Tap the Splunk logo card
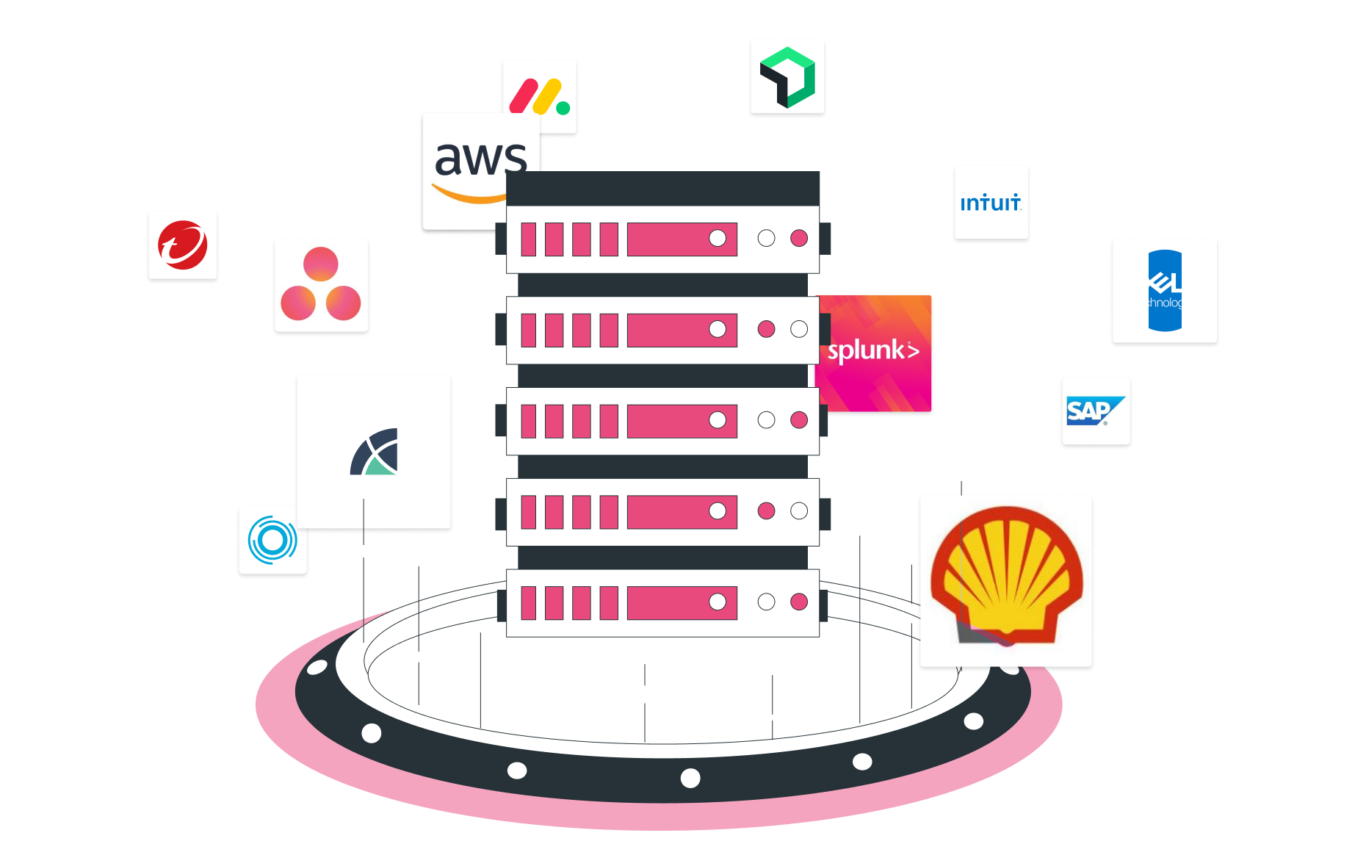pos(874,352)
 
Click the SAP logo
pos(1094,411)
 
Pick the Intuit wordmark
pos(990,203)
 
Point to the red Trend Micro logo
pos(182,245)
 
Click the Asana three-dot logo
pos(320,285)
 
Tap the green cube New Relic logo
pos(787,76)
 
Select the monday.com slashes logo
pos(539,96)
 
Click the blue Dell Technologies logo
pos(1165,290)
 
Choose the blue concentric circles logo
pos(272,540)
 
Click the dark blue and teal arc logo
pos(375,452)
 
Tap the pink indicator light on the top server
pos(799,238)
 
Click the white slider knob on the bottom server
pos(718,602)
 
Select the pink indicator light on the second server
pos(766,329)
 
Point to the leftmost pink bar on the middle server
pos(528,421)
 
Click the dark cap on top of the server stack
pos(662,188)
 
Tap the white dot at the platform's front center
pos(690,778)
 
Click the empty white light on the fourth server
pos(799,511)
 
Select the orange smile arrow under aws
pos(470,195)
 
